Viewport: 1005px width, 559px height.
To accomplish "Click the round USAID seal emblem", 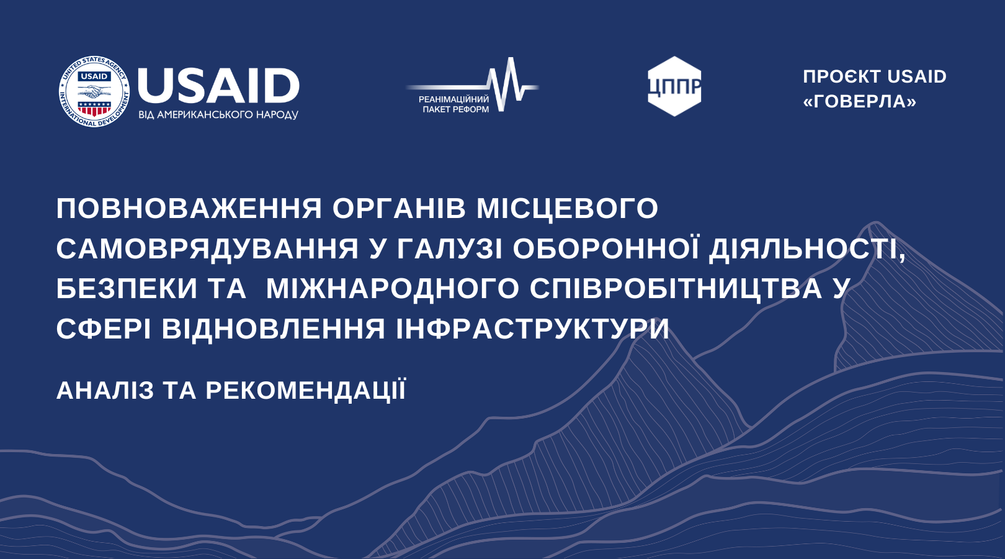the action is (94, 91).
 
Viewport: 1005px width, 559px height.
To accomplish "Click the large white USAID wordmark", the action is (218, 86).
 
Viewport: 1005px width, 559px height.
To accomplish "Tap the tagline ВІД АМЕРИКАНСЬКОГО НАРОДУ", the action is (218, 114).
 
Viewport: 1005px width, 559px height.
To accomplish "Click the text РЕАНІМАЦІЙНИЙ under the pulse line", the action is (453, 99).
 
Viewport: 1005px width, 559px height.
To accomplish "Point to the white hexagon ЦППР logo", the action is (674, 86).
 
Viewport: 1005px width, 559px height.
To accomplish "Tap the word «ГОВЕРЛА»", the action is (860, 102).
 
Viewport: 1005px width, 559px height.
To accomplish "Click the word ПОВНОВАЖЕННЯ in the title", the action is (189, 209).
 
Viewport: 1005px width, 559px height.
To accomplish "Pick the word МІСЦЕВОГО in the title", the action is (567, 209).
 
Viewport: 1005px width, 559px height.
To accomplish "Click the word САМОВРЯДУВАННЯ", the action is (207, 249).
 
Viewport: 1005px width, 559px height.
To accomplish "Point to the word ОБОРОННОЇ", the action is (606, 248).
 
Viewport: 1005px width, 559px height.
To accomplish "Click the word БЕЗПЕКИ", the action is (127, 288).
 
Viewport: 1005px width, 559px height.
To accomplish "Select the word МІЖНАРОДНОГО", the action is (393, 288).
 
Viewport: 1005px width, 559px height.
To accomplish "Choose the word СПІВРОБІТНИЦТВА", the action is (676, 288).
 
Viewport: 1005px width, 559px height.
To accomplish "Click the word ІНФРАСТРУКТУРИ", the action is (532, 329).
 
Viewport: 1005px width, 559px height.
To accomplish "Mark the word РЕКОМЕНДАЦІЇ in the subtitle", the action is (306, 389).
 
